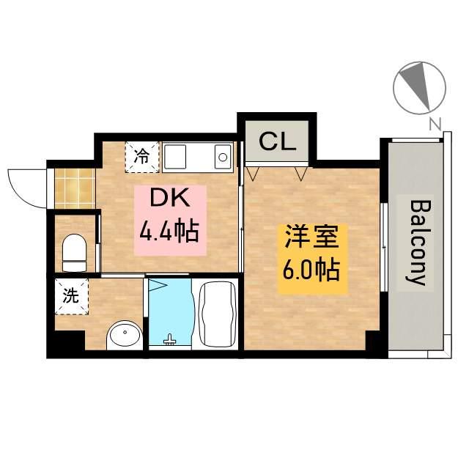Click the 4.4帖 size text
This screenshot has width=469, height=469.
(x=170, y=232)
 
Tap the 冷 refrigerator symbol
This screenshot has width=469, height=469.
(x=142, y=155)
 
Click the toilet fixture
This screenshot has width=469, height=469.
(x=74, y=251)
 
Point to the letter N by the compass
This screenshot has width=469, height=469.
(x=435, y=125)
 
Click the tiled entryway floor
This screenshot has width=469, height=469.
(x=75, y=188)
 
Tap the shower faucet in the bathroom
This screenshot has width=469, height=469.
(x=170, y=339)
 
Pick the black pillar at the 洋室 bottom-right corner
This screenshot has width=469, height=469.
(x=374, y=342)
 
